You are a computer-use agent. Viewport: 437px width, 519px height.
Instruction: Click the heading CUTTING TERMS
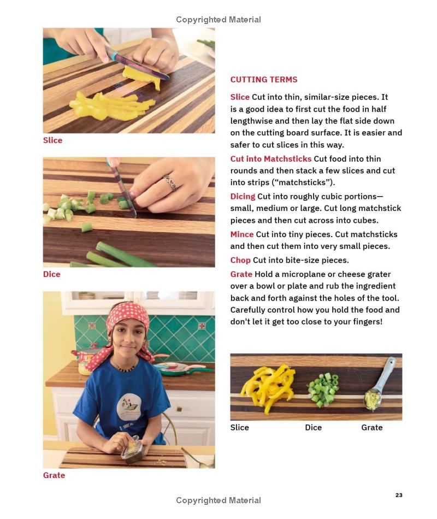tap(264, 79)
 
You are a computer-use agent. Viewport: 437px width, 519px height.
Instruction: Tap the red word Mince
tap(242, 234)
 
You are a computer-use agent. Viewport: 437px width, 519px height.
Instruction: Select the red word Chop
tap(240, 260)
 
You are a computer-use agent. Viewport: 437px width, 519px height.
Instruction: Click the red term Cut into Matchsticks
tap(271, 159)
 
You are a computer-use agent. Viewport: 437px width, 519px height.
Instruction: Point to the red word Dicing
tap(243, 197)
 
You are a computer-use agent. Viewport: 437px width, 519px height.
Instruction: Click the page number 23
tap(399, 495)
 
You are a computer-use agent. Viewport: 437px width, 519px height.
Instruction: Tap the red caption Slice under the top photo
tap(52, 140)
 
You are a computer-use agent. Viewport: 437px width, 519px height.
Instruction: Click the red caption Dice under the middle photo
tap(52, 274)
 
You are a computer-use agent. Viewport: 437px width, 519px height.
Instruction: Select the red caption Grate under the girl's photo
tap(54, 475)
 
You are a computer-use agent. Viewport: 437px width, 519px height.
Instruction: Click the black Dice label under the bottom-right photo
tap(313, 427)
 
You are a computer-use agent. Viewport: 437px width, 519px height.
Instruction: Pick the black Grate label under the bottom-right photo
tap(372, 427)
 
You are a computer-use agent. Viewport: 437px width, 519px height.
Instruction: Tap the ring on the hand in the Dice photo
tap(171, 182)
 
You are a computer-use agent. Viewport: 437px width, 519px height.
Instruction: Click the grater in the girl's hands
tap(132, 450)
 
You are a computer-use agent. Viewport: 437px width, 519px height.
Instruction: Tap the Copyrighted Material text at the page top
tap(218, 20)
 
